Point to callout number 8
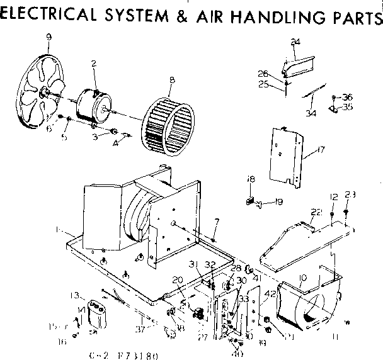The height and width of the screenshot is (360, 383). click(171, 80)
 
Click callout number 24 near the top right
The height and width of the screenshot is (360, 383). click(295, 43)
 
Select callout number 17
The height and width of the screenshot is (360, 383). click(321, 150)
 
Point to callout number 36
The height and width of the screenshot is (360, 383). click(347, 97)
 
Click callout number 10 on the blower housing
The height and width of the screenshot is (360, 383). click(303, 278)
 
